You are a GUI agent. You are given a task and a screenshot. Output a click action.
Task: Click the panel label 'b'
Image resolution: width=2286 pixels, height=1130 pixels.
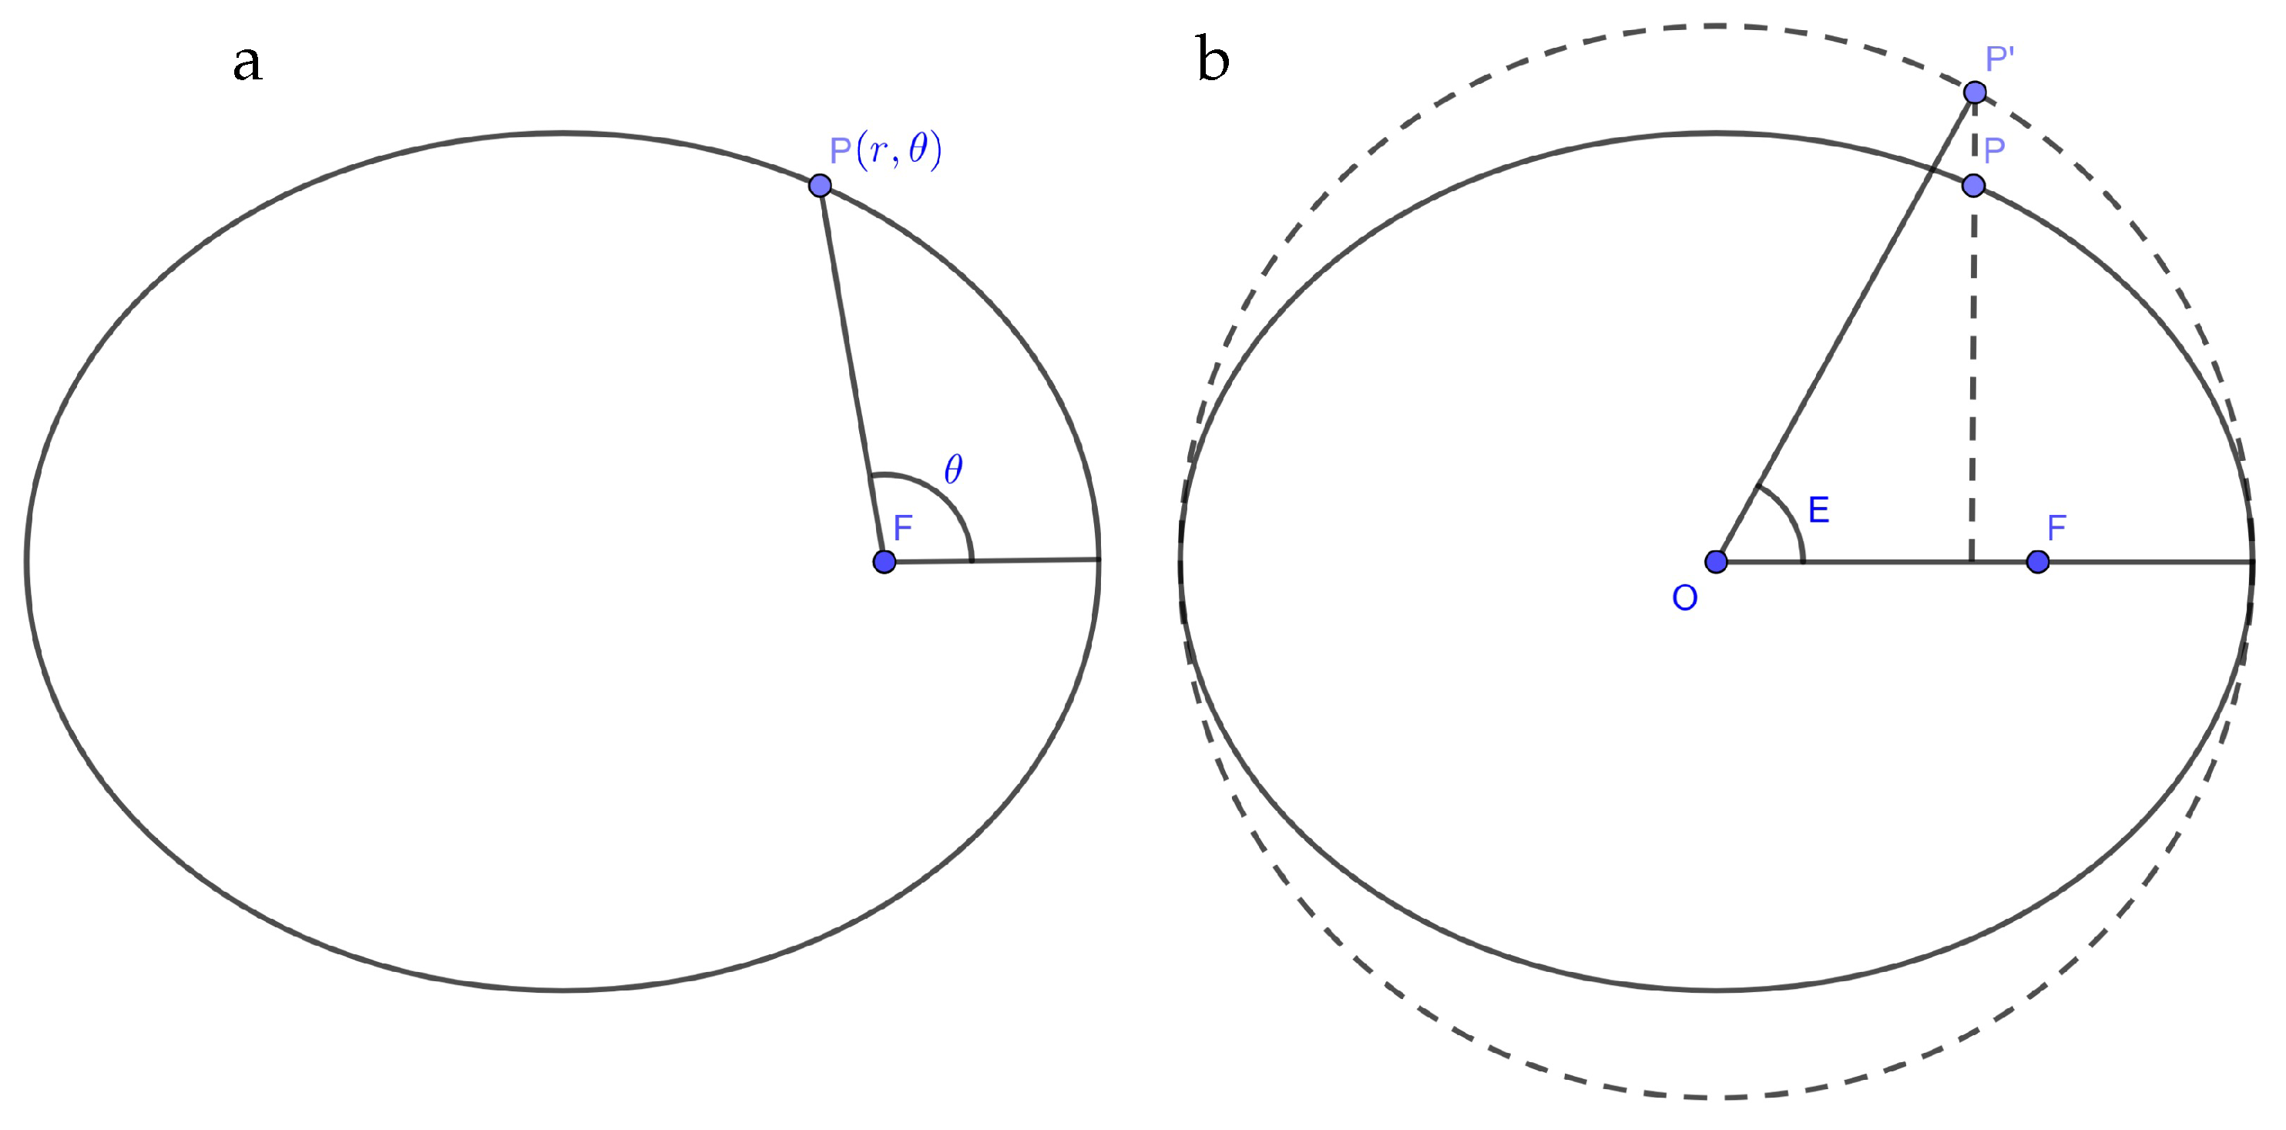[x=1212, y=60]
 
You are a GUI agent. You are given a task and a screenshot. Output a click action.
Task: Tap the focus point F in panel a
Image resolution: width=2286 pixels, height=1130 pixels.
[x=884, y=561]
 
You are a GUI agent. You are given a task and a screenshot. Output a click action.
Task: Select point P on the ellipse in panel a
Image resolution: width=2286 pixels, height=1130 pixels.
[x=820, y=186]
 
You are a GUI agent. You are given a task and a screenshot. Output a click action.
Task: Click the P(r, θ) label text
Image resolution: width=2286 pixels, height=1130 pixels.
[x=885, y=150]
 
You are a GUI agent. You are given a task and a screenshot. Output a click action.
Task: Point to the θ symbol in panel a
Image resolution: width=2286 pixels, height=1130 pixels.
[x=953, y=469]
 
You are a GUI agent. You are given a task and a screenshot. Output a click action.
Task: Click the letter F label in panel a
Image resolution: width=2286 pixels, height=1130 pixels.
[x=902, y=528]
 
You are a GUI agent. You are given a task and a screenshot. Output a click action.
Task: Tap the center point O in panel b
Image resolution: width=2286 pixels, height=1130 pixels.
[x=1717, y=561]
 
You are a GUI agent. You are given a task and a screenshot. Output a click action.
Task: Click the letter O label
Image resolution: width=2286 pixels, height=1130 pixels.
[x=1684, y=599]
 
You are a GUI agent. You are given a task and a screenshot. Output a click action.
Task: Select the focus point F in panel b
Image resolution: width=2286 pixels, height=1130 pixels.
[x=2037, y=561]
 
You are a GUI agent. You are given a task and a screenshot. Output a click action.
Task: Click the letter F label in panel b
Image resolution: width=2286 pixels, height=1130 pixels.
[x=2057, y=528]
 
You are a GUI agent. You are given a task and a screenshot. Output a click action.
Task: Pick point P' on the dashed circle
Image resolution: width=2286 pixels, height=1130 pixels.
[x=1975, y=92]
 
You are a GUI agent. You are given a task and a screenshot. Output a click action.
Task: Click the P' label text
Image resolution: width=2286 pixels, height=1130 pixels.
[x=1999, y=59]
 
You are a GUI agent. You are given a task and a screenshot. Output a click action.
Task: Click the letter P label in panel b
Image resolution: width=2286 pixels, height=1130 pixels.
[x=1994, y=151]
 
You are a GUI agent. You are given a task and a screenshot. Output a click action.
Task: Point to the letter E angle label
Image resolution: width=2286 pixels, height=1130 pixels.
[x=1818, y=510]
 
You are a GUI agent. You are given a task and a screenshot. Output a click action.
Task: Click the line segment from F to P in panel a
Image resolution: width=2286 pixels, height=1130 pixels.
[x=852, y=373]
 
